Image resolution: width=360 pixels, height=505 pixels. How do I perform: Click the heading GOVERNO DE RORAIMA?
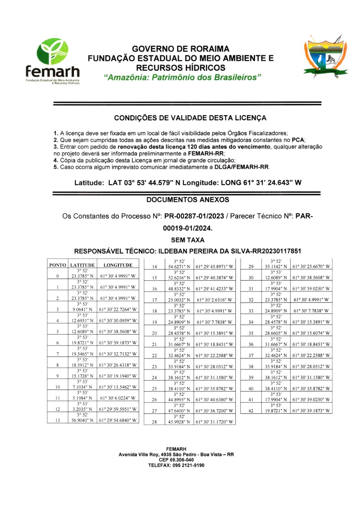tap(180, 49)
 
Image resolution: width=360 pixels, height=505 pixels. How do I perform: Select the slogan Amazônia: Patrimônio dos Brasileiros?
tap(182, 77)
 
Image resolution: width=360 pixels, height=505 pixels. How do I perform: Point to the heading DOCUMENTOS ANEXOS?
tap(188, 200)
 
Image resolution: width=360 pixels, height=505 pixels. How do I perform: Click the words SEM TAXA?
tap(188, 240)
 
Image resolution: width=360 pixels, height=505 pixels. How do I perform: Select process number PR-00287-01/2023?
tap(194, 216)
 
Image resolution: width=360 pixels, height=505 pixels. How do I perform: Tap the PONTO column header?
tap(58, 265)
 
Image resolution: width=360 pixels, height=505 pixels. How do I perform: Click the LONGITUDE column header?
tap(118, 265)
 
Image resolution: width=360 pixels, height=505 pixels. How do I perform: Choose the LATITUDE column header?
tap(82, 265)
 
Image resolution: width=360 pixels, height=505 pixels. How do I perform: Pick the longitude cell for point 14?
tap(214, 267)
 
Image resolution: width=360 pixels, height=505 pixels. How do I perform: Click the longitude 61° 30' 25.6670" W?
tap(311, 267)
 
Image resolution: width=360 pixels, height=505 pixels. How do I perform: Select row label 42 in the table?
tap(251, 411)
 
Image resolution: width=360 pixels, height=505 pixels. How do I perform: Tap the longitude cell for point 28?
tap(214, 422)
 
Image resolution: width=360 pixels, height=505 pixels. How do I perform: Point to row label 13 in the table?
tap(58, 420)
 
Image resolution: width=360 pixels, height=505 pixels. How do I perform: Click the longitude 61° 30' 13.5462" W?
tap(118, 387)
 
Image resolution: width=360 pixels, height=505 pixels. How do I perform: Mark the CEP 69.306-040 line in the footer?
tap(176, 460)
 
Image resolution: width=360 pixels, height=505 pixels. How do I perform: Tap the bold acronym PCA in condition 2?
tap(298, 140)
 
